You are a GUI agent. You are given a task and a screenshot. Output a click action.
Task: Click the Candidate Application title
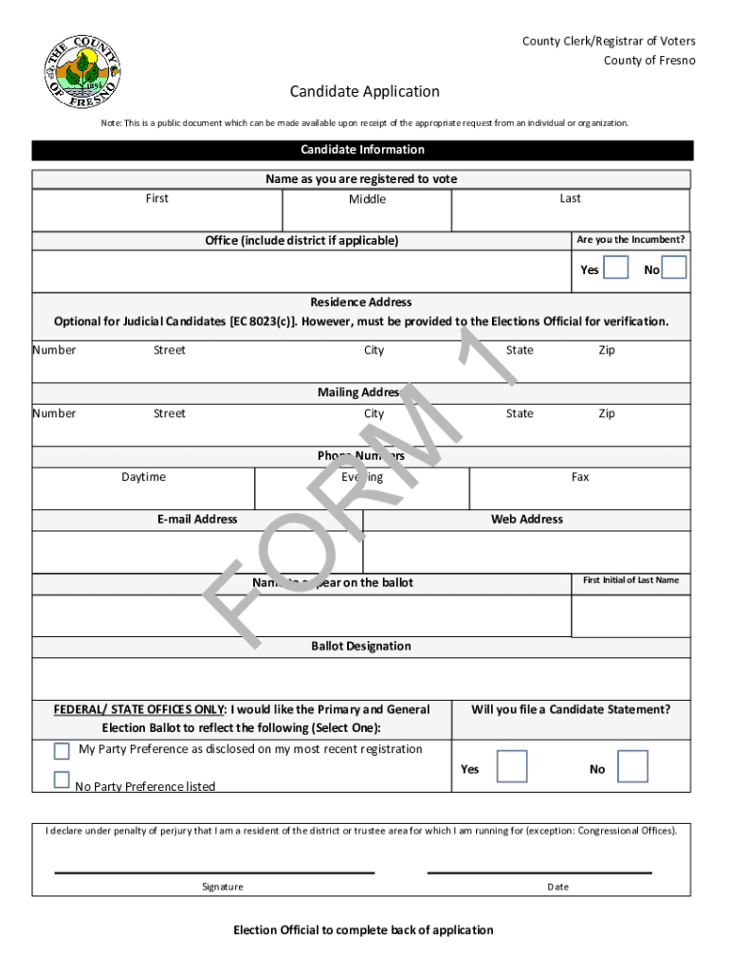pyautogui.click(x=364, y=91)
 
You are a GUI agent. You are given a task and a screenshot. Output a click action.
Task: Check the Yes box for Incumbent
pyautogui.click(x=616, y=268)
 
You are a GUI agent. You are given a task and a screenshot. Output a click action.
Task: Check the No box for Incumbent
pyautogui.click(x=674, y=268)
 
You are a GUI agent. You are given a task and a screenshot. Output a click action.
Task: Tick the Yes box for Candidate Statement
pyautogui.click(x=512, y=766)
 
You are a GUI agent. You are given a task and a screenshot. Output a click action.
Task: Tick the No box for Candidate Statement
pyautogui.click(x=632, y=766)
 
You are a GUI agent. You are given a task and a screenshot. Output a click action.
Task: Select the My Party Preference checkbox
pyautogui.click(x=62, y=751)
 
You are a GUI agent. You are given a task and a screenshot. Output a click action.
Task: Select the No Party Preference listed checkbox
pyautogui.click(x=62, y=780)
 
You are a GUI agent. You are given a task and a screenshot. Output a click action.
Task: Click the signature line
pyautogui.click(x=214, y=871)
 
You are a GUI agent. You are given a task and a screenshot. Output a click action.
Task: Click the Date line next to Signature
pyautogui.click(x=539, y=871)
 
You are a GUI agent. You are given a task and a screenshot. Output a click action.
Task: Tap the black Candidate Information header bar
pyautogui.click(x=362, y=150)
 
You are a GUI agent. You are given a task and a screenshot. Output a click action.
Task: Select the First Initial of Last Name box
pyautogui.click(x=630, y=615)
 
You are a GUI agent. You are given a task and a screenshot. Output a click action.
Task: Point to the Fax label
pyautogui.click(x=579, y=477)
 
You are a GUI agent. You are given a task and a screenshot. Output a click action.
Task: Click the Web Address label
pyautogui.click(x=526, y=520)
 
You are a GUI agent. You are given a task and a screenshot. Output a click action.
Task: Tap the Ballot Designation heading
pyautogui.click(x=361, y=647)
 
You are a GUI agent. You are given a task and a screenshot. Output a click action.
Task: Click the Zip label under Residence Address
pyautogui.click(x=607, y=350)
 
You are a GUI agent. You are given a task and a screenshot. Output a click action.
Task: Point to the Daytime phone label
pyautogui.click(x=143, y=477)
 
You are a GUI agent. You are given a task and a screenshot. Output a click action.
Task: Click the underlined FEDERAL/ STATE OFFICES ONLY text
pyautogui.click(x=139, y=709)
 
